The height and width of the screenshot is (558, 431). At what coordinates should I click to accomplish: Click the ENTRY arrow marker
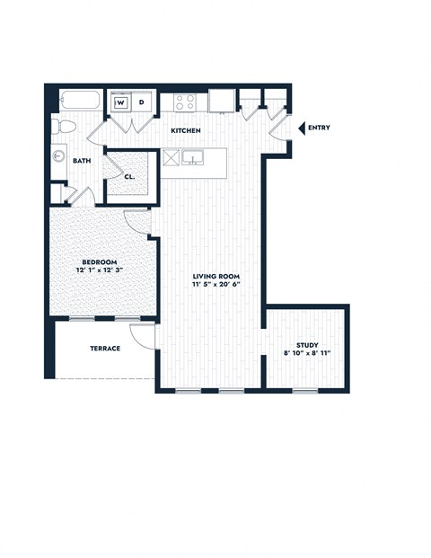pos(301,128)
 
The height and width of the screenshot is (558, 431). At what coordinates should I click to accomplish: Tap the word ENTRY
pos(319,128)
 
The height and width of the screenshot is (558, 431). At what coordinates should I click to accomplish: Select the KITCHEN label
pos(186,131)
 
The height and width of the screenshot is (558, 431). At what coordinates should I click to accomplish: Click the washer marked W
pos(120,102)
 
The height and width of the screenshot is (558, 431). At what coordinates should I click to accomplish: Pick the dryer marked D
pos(141,102)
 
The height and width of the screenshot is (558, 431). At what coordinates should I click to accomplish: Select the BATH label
pos(82,162)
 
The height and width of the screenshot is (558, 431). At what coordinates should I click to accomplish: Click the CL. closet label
pos(129,176)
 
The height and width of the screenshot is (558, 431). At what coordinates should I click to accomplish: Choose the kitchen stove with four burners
pos(185,102)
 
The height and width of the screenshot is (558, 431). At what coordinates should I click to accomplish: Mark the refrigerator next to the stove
pos(222,102)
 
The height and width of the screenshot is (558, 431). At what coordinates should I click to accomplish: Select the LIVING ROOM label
pos(216,275)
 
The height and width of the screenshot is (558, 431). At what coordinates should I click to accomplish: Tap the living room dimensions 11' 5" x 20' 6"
pos(216,285)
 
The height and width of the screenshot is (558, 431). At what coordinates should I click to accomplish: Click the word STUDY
pos(307,345)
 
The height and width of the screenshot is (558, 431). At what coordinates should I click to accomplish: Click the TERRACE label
pos(105,349)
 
